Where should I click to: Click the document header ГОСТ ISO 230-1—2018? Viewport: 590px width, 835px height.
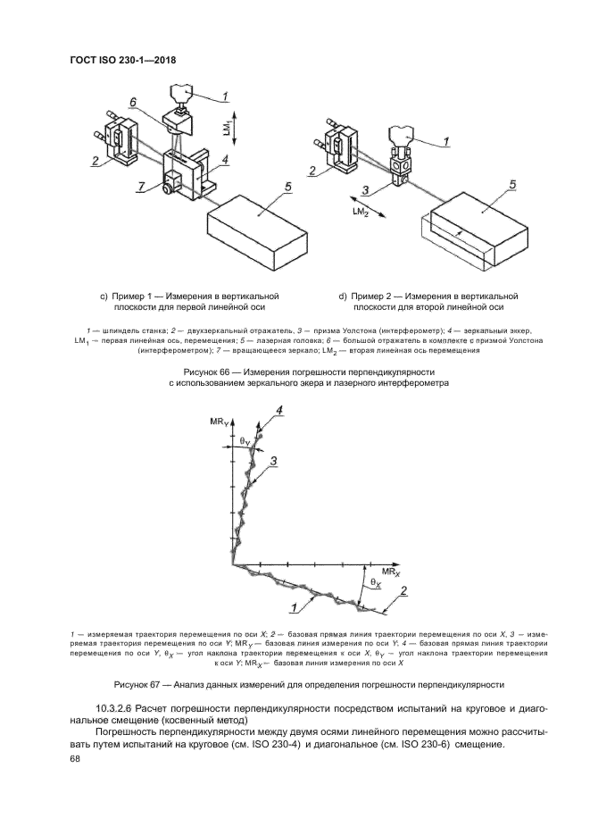121,61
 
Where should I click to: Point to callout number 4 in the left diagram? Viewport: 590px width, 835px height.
225,159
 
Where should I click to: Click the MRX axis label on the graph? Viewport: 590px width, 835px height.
391,569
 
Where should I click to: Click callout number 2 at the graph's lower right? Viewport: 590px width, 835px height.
404,591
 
